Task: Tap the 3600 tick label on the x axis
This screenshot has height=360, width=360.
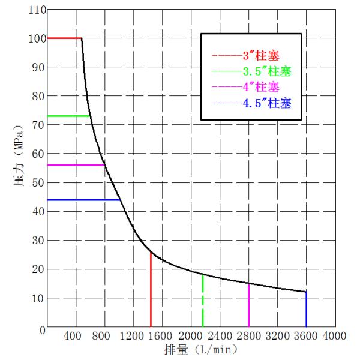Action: [306, 336]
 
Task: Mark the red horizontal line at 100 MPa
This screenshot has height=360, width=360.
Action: [64, 38]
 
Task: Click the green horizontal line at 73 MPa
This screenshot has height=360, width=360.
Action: [68, 116]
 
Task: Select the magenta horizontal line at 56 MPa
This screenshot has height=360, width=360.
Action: [75, 165]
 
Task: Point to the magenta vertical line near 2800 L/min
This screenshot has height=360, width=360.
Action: [248, 306]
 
